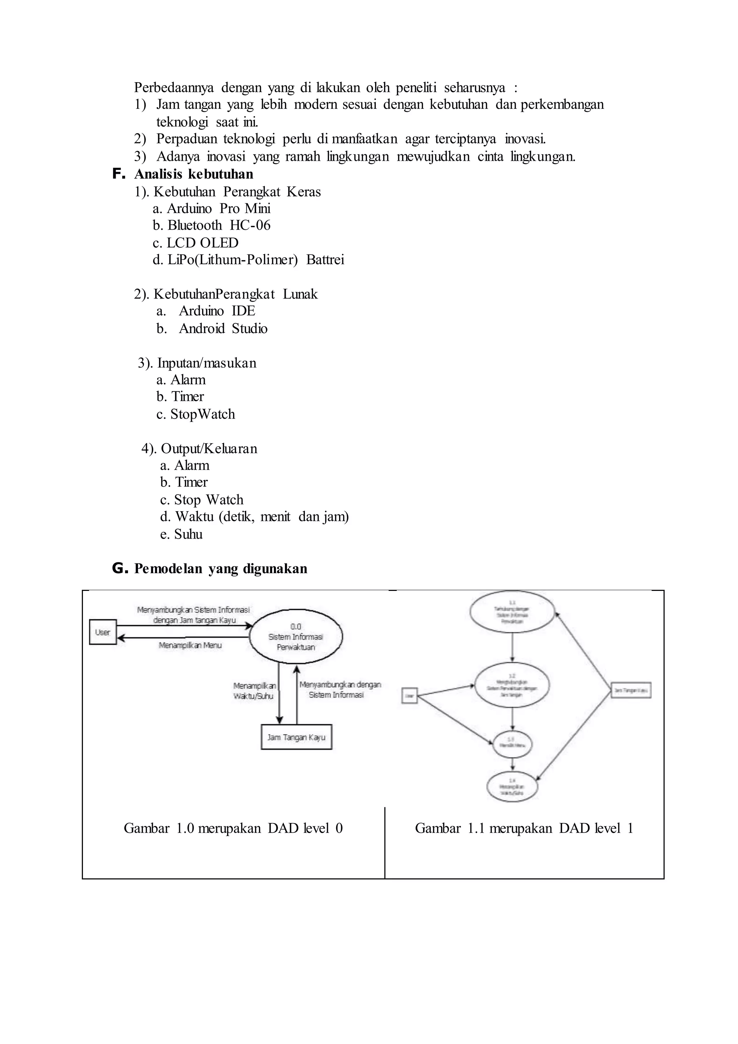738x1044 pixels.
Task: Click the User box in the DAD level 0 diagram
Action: (x=103, y=632)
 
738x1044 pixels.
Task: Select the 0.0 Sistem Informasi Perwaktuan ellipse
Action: (x=296, y=637)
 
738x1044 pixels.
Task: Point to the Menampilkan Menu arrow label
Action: (x=190, y=645)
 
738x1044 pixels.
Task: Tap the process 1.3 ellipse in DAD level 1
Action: (x=513, y=744)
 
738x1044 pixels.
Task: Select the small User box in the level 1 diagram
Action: (x=410, y=696)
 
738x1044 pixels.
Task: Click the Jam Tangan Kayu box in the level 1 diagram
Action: (x=631, y=690)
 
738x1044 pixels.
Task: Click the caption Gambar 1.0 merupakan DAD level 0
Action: (x=233, y=828)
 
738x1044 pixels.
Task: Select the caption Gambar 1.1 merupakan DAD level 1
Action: (x=524, y=828)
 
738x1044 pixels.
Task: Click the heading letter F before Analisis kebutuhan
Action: (x=118, y=174)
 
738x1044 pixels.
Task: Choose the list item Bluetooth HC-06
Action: (x=212, y=225)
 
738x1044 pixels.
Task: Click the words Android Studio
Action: (x=223, y=328)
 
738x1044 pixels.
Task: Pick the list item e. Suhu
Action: (x=181, y=534)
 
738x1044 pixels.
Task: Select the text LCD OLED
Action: (x=203, y=242)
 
